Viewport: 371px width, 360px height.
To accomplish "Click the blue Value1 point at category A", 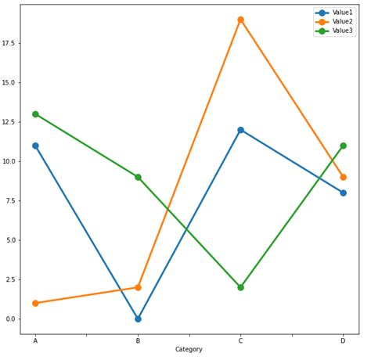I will coord(35,146).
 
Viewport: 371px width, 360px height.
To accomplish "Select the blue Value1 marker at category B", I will coord(138,319).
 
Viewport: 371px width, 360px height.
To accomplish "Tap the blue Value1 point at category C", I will coord(240,130).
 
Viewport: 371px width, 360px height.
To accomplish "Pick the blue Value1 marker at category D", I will coord(343,193).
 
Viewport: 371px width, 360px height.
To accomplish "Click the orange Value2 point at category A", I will coord(35,303).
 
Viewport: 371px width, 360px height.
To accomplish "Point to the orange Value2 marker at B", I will coord(138,287).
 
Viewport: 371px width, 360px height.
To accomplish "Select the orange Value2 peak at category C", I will coord(240,20).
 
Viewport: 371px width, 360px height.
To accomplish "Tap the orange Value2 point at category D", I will coord(343,177).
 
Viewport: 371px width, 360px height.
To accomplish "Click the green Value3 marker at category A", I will coord(35,114).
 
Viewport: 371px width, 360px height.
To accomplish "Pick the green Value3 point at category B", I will coord(138,177).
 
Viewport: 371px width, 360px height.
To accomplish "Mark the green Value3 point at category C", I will coord(240,287).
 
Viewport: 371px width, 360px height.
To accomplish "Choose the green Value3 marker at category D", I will coord(343,146).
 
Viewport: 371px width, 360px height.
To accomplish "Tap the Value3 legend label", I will coord(343,31).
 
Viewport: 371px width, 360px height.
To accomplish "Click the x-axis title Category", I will coord(189,350).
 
